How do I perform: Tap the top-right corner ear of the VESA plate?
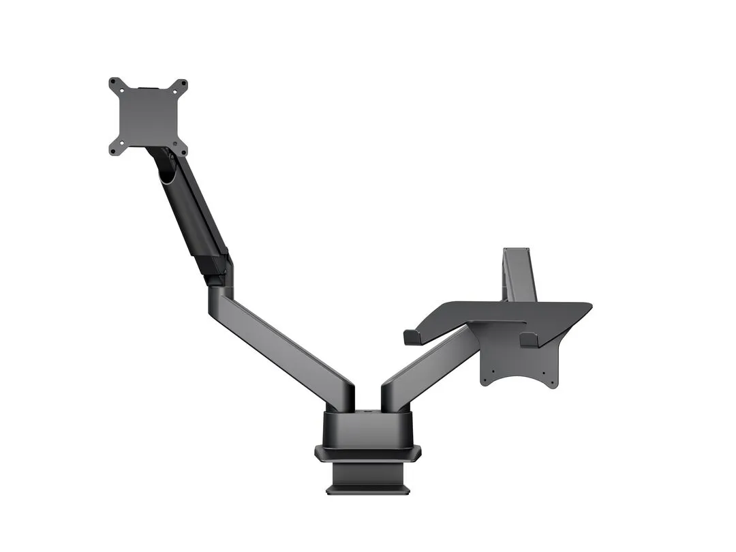point(181,85)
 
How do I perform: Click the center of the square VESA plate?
point(148,117)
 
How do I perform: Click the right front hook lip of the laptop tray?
point(528,339)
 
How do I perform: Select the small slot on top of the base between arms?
point(368,412)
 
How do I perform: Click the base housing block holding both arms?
point(368,429)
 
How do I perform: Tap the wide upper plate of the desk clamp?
point(368,452)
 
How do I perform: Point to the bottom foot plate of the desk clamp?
point(368,489)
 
